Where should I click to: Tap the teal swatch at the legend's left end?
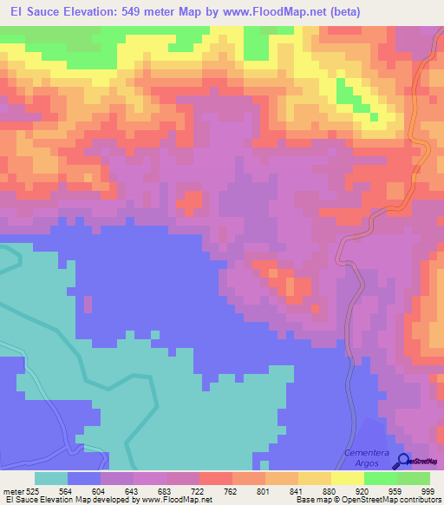[51, 477]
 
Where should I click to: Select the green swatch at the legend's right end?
[414, 477]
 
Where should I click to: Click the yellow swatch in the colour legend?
[348, 477]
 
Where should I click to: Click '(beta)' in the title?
[342, 12]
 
